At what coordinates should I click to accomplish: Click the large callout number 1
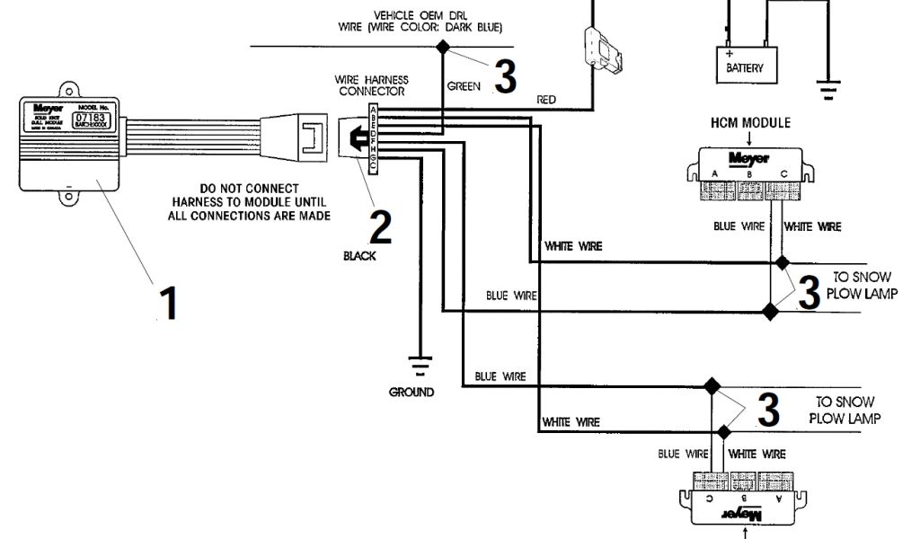click(168, 302)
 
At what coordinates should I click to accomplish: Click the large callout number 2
click(380, 227)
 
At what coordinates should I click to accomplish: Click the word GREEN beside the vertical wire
click(464, 86)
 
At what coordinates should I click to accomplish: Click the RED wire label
click(546, 99)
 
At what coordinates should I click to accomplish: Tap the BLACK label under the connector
click(359, 256)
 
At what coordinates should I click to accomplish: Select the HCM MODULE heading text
click(750, 122)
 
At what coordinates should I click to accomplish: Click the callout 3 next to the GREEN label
click(506, 77)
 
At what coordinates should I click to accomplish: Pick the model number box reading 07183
click(90, 118)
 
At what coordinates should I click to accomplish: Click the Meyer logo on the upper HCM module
click(748, 158)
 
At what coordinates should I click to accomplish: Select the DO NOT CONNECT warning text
click(249, 202)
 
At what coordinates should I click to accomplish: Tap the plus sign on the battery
click(729, 53)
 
